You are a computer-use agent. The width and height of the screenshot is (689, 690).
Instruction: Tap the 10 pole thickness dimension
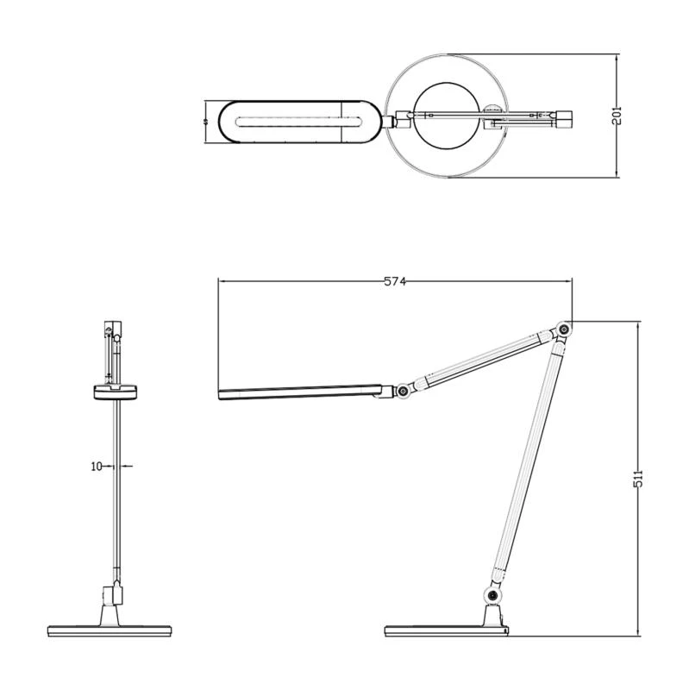point(97,466)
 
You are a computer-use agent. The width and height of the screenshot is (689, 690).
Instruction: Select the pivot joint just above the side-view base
point(492,596)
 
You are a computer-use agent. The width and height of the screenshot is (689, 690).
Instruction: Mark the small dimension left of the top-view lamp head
point(206,122)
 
